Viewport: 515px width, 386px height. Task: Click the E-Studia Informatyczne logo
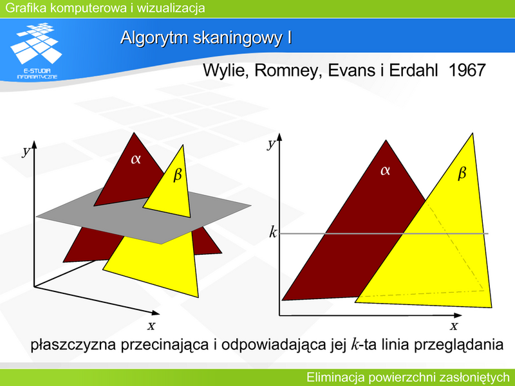tap(36, 51)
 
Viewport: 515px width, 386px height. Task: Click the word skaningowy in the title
tap(237, 38)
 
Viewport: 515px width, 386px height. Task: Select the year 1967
tap(467, 70)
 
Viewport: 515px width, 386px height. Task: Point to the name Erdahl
tap(413, 70)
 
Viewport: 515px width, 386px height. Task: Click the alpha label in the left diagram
tap(136, 159)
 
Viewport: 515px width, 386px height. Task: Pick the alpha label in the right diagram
tap(385, 170)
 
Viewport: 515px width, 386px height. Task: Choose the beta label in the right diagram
tap(462, 172)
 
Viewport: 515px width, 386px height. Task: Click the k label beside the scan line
tap(273, 232)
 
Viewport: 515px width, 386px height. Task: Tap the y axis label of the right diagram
tap(270, 143)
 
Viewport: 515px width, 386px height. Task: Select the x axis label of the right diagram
tap(454, 326)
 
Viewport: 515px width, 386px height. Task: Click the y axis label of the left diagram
tap(26, 151)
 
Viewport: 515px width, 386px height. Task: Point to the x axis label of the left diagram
tap(151, 326)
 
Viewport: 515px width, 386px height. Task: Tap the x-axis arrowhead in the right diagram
tap(458, 315)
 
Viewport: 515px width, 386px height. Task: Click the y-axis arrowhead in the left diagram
tap(34, 144)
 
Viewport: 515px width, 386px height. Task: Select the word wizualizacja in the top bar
tap(171, 8)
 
